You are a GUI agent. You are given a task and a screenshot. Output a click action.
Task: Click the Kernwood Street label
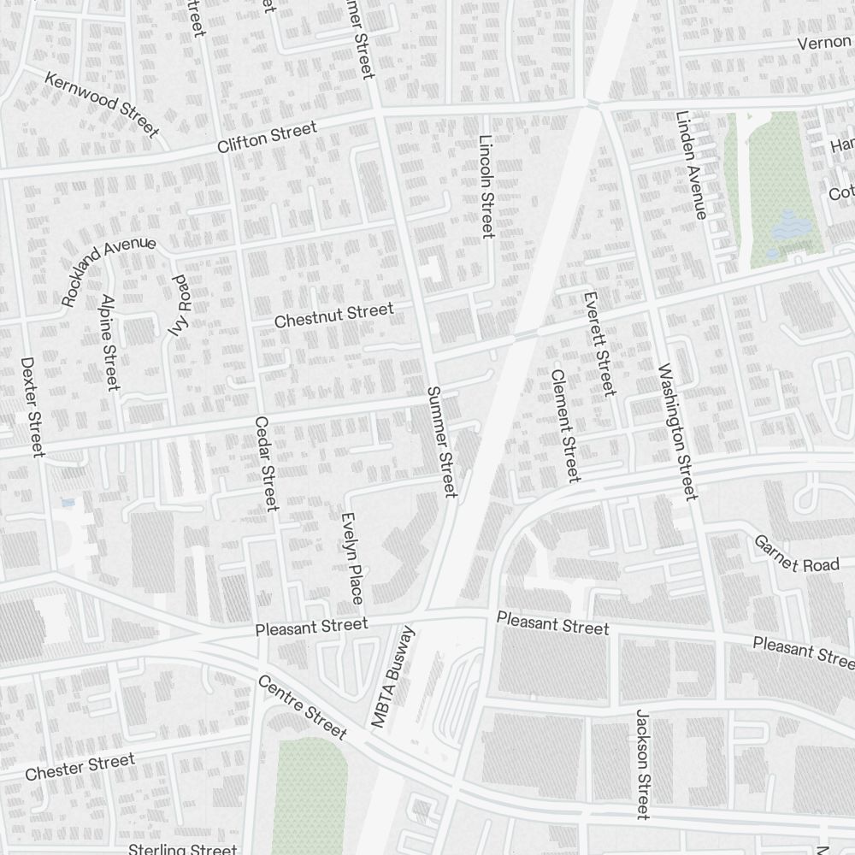(x=102, y=105)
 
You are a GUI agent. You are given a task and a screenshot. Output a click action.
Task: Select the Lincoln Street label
(x=486, y=186)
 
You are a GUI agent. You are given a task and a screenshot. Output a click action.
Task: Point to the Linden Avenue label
(x=691, y=165)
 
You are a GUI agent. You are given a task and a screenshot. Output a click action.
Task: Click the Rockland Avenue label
(x=108, y=271)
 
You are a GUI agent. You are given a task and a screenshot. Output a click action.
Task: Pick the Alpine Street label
(x=109, y=342)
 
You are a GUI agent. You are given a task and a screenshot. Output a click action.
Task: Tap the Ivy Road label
(x=179, y=305)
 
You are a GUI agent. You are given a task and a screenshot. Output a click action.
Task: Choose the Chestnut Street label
(x=333, y=315)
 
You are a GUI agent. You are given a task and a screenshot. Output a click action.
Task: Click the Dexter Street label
(x=33, y=406)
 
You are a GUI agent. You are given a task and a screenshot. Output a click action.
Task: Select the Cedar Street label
(x=266, y=463)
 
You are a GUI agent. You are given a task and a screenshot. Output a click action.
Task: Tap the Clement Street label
(x=565, y=425)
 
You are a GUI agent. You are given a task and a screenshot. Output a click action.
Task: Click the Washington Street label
(x=678, y=431)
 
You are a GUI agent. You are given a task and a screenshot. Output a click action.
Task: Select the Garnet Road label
(x=785, y=554)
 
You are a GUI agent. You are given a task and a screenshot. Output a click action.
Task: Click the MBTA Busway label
(x=392, y=676)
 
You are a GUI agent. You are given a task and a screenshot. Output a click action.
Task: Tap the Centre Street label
(x=302, y=707)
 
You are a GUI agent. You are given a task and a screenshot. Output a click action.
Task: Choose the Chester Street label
(x=80, y=766)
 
